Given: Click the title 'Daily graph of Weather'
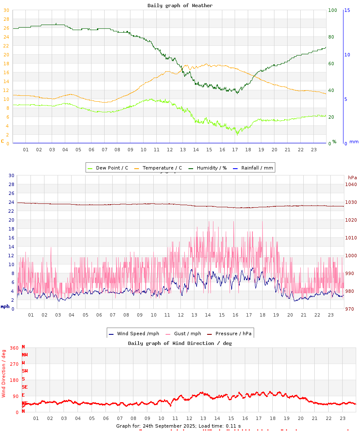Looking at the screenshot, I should (180, 6).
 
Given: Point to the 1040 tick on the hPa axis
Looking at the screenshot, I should (351, 184).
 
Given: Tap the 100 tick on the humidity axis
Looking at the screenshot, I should (332, 10).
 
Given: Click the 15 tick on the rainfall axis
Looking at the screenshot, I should (347, 10).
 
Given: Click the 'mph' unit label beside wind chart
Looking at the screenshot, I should (5, 306).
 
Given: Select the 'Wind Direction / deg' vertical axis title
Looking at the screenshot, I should (4, 373).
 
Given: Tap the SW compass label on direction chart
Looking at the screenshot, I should (25, 371).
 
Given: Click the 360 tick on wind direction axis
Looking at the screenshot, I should (14, 348).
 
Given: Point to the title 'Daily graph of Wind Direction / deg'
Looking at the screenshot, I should (180, 343).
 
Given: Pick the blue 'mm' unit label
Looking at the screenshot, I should (354, 142).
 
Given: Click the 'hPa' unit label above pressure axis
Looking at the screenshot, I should (352, 177).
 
